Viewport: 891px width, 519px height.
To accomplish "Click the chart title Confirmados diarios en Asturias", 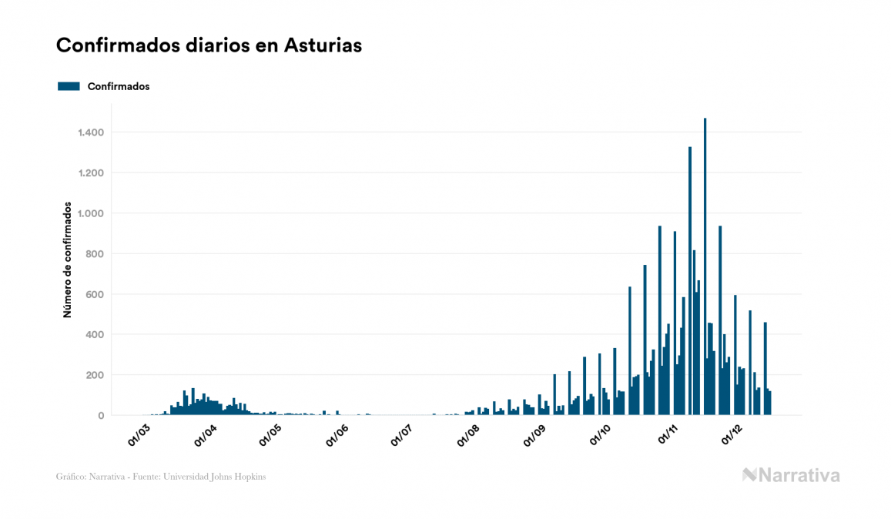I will pyautogui.click(x=209, y=45).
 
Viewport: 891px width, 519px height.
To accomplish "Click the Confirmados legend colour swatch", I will pyautogui.click(x=69, y=86).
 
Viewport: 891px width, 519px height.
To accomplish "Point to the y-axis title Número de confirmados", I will pyautogui.click(x=68, y=260).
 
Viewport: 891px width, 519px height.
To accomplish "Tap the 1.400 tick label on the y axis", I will pyautogui.click(x=91, y=132).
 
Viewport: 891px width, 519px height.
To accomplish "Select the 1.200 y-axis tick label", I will pyautogui.click(x=91, y=173).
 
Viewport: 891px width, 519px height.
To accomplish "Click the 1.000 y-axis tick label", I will pyautogui.click(x=91, y=213).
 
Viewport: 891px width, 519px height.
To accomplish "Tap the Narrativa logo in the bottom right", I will pyautogui.click(x=791, y=475).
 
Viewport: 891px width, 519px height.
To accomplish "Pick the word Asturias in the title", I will pyautogui.click(x=323, y=45).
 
